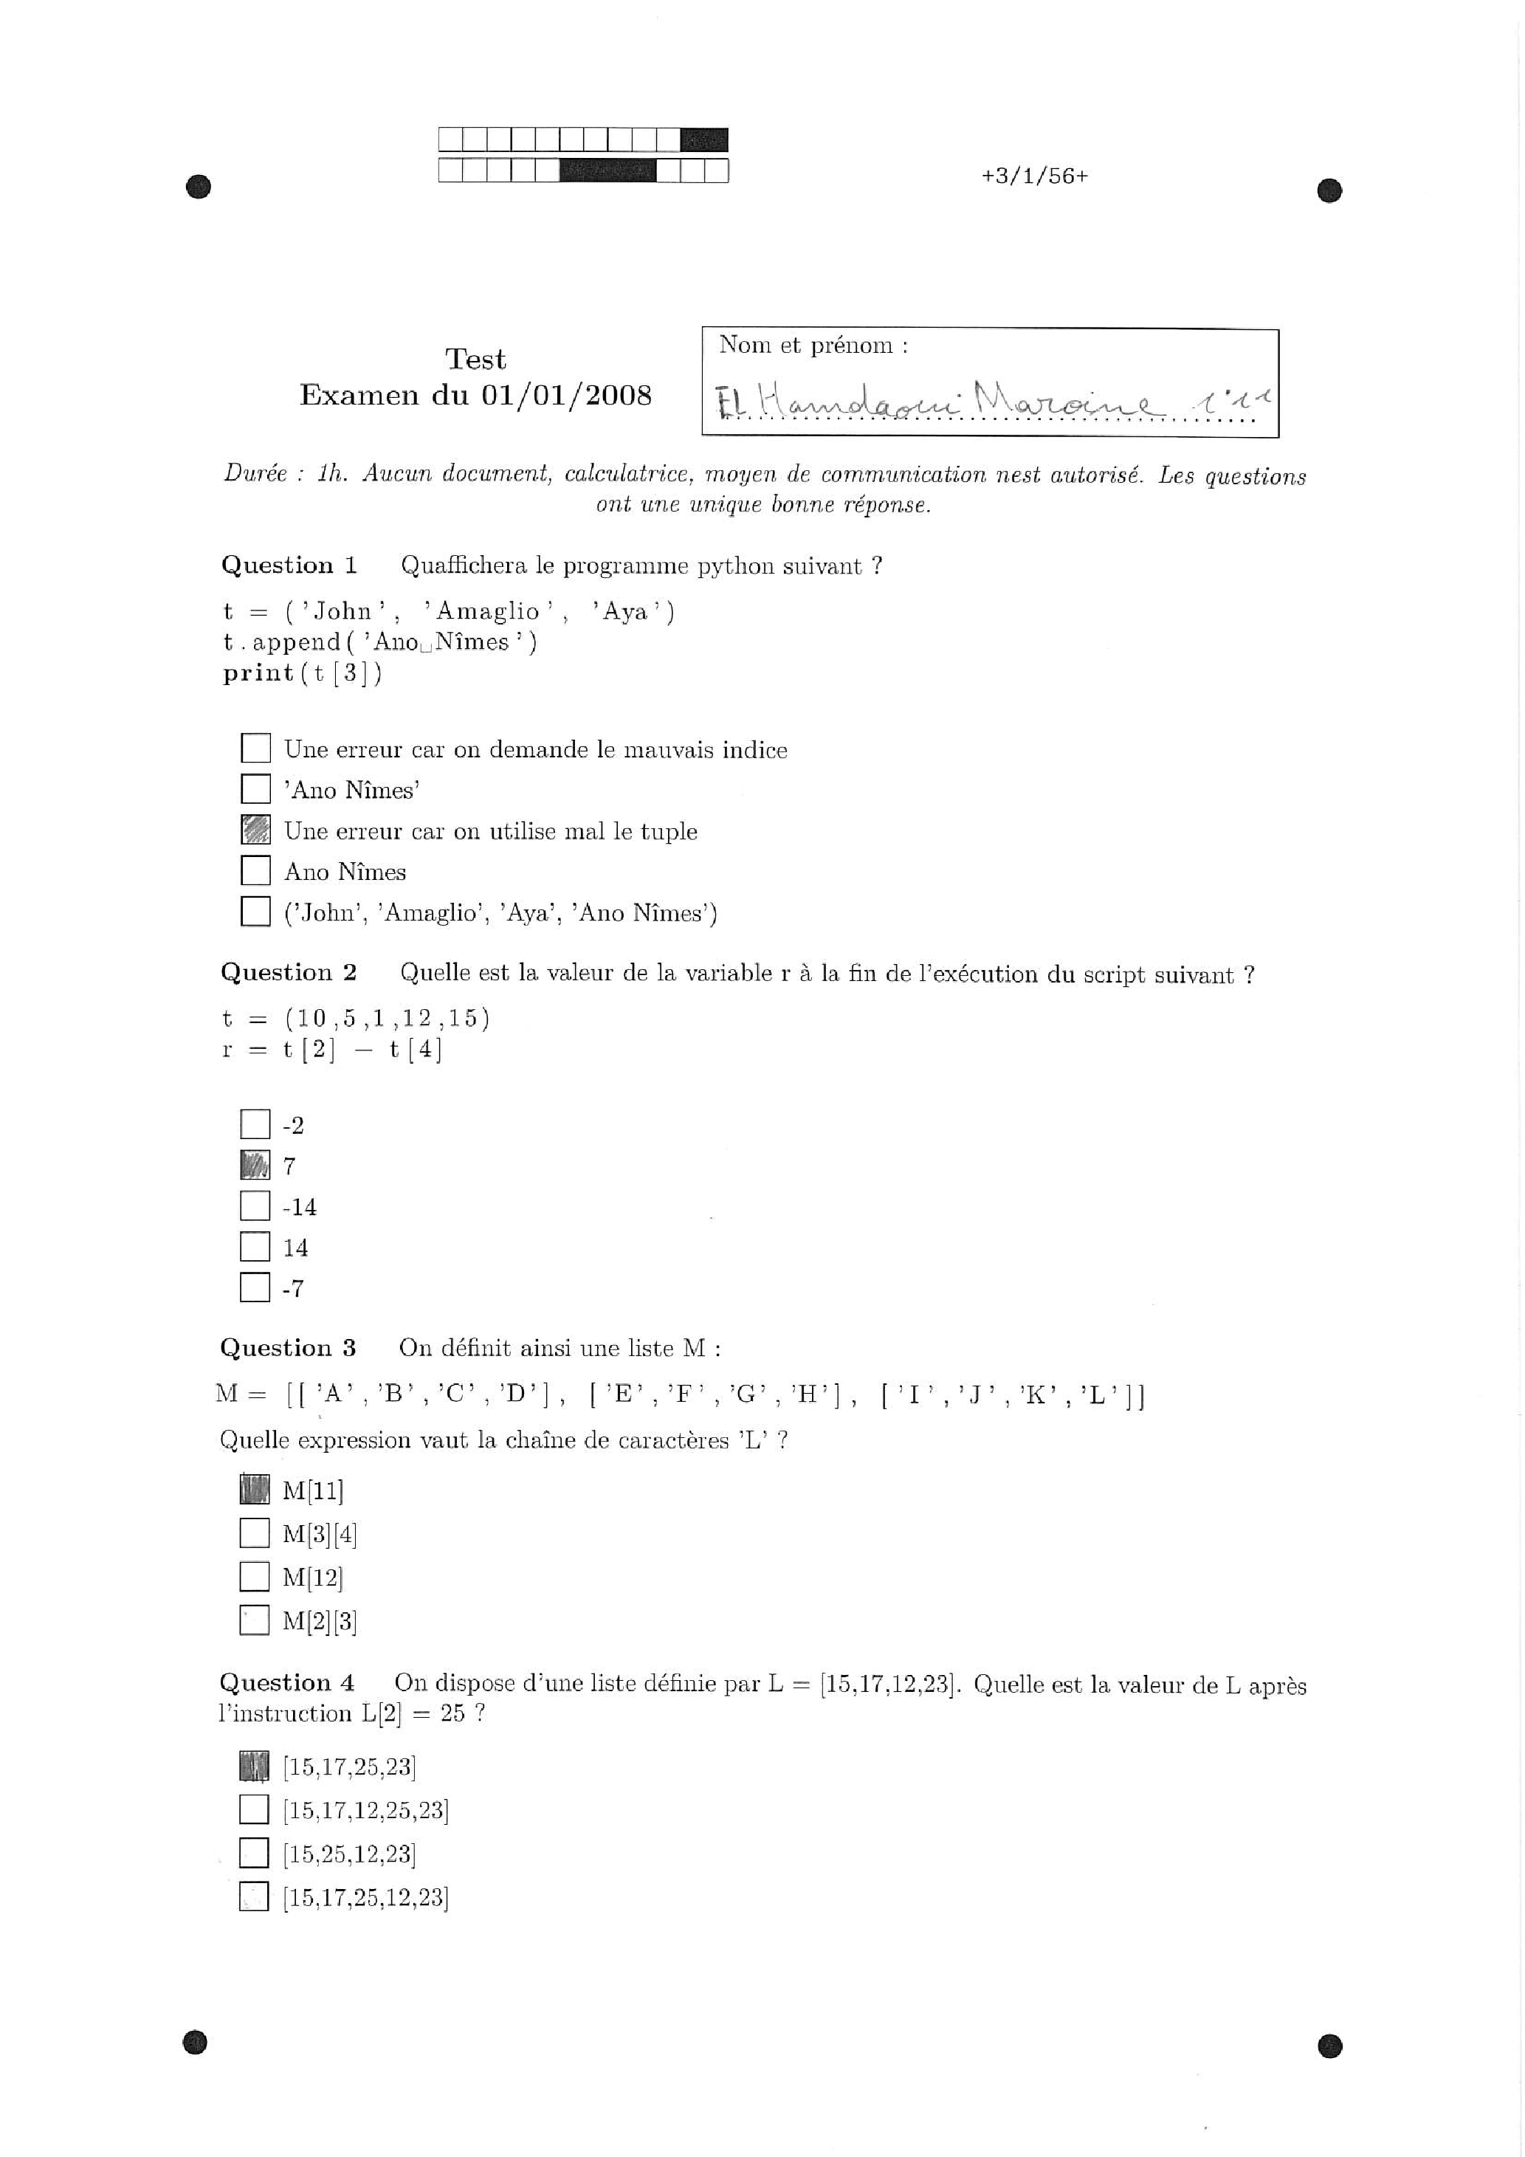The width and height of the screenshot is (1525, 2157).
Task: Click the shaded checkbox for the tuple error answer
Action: pos(255,830)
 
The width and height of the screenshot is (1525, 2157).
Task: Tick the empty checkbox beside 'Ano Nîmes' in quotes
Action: pos(255,788)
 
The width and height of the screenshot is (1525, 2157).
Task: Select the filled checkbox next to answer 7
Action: pos(255,1165)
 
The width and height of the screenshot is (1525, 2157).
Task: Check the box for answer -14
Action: pos(255,1205)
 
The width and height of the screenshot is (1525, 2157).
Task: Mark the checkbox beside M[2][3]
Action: pos(254,1620)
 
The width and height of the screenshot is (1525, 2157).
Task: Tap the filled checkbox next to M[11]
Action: pos(254,1489)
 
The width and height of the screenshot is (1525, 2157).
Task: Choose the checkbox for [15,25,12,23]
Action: pos(254,1854)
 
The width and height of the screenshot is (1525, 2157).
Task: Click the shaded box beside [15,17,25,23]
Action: pos(254,1766)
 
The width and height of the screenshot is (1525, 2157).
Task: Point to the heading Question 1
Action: pos(289,565)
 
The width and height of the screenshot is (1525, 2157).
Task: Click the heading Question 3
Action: pos(288,1348)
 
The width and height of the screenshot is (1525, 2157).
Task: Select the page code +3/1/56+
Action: pos(1033,176)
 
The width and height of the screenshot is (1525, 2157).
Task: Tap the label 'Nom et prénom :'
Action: pos(813,345)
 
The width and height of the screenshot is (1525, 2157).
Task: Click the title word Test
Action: pos(475,359)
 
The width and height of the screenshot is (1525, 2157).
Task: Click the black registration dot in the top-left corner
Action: pos(199,187)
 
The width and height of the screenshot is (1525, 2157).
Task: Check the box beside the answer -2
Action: pos(255,1124)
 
